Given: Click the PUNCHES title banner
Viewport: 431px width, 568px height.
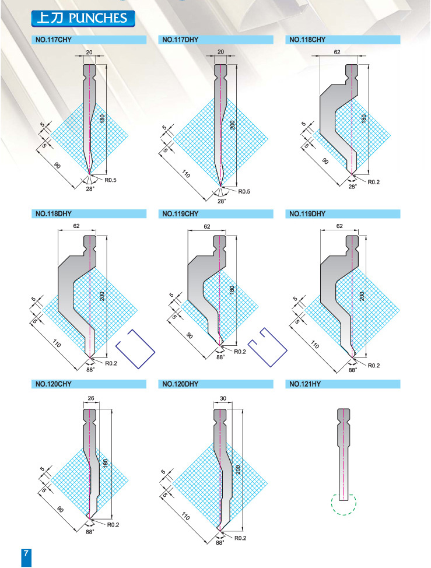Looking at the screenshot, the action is tap(83, 19).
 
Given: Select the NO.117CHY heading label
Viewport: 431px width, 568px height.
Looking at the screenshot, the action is tap(54, 40).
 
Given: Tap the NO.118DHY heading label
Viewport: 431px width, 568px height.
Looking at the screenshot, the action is tap(54, 213).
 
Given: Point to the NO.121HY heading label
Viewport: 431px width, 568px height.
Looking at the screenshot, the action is tap(305, 384).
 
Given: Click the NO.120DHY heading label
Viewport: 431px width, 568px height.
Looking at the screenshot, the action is tap(180, 384).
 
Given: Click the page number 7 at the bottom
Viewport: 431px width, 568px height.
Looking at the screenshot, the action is tap(26, 553).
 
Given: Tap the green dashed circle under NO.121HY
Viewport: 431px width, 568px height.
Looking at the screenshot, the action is tap(344, 504).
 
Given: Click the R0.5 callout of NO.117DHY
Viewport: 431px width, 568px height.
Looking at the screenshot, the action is tap(244, 192).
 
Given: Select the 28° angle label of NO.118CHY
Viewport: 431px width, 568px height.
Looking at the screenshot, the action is tap(352, 187).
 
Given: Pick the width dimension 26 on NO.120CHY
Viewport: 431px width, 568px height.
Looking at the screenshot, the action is tap(91, 398).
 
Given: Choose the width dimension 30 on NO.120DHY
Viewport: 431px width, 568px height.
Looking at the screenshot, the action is tap(223, 398).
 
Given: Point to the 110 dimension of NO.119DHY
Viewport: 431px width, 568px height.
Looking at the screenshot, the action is tap(315, 345).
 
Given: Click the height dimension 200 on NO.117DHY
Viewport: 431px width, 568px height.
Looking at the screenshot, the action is tap(233, 125).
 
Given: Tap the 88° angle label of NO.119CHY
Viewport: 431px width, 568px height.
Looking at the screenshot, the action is tap(220, 357).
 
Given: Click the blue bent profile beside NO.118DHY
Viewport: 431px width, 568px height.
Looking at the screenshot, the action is tap(135, 349).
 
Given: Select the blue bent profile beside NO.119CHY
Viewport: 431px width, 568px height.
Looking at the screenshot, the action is tap(268, 348).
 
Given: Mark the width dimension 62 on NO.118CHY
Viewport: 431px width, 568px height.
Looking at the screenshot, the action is tap(337, 52).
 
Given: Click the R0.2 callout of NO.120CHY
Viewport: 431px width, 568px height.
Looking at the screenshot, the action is tap(113, 524).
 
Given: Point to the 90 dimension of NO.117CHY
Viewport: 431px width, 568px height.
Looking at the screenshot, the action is tap(57, 166).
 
